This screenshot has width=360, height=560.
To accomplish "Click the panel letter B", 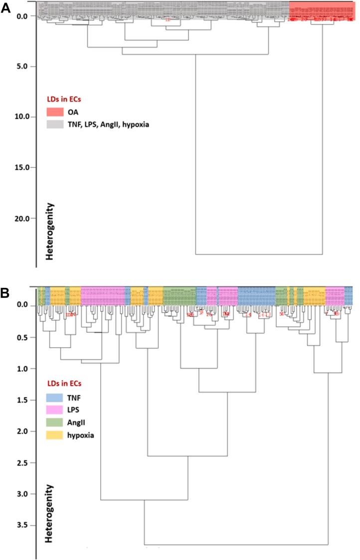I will (x=6, y=293).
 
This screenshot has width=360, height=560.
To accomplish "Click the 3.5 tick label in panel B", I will (x=22, y=525).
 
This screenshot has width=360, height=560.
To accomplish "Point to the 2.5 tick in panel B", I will (x=22, y=462).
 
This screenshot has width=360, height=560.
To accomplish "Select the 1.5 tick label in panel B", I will (x=22, y=400).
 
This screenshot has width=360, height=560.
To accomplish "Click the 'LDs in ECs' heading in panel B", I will (x=67, y=383).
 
